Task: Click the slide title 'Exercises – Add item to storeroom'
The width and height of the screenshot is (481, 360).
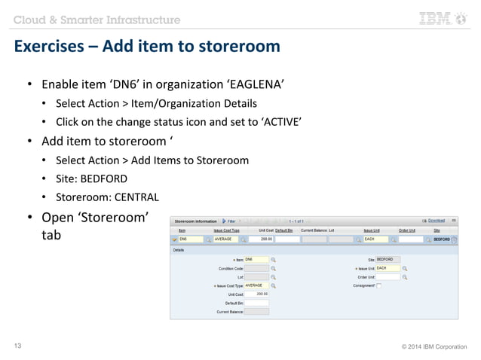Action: point(147,47)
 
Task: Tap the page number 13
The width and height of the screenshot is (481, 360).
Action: point(18,346)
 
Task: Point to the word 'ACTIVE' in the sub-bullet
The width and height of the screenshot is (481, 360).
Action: point(283,121)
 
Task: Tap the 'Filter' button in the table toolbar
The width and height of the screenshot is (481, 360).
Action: point(229,221)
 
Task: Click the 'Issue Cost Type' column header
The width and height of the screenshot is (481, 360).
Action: point(227,230)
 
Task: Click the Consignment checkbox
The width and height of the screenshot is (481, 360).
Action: point(378,285)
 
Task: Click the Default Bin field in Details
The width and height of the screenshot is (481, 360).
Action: point(256,303)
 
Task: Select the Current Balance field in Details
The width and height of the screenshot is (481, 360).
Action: point(256,311)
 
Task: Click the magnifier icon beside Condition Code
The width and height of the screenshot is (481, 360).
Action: point(273,268)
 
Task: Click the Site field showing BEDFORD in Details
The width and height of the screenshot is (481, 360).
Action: point(388,259)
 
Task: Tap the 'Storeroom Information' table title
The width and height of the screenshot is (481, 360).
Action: point(195,221)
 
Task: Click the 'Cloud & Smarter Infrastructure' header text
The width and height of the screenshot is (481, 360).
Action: point(97,19)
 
